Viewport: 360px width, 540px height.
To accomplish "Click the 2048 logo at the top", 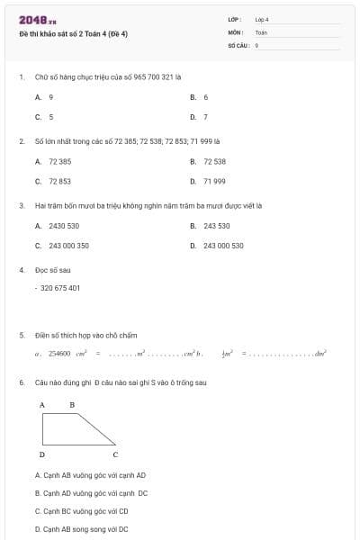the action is pos(37,19).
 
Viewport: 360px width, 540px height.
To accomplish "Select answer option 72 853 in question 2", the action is pos(59,181).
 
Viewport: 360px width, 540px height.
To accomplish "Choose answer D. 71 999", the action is pos(214,181).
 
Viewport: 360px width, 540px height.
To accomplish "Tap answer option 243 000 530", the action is pos(223,245).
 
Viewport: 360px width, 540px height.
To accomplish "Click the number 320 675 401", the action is pos(61,288).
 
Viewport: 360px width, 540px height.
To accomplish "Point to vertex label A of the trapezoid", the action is pos(42,405).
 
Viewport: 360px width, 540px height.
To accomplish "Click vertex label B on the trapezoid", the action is pos(72,405).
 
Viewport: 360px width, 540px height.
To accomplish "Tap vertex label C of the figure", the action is pos(115,454).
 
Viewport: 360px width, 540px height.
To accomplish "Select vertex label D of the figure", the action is pos(42,454).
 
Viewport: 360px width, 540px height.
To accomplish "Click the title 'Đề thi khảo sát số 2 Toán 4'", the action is pos(73,34).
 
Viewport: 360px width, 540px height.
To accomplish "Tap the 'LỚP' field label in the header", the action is pos(235,19).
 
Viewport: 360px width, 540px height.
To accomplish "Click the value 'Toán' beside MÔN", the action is pos(261,31).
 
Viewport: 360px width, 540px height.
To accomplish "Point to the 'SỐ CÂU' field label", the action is pos(238,44).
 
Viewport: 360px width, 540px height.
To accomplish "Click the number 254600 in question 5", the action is pos(59,355).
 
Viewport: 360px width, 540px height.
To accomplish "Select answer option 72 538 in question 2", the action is pos(214,161).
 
